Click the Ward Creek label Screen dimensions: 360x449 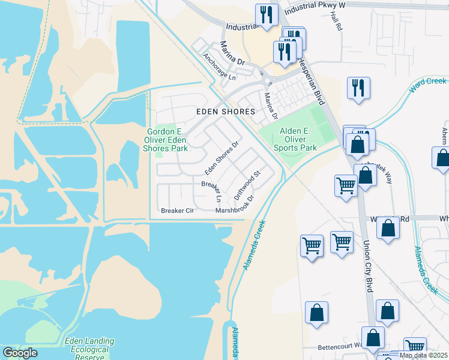(427, 85)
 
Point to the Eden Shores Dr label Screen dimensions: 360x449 (222, 155)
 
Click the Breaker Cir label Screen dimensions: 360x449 (178, 211)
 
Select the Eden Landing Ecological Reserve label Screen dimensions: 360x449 (86, 349)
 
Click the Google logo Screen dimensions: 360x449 (20, 353)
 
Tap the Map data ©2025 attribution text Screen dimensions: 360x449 (423, 355)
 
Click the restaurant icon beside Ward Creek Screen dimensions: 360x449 (358, 88)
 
